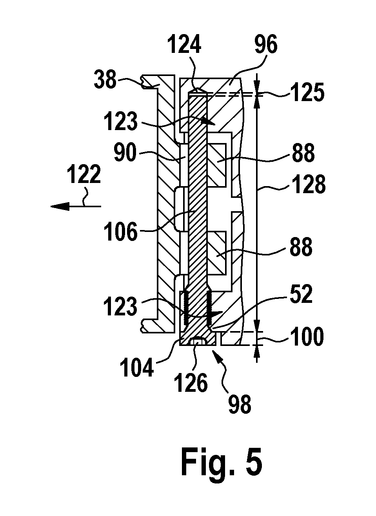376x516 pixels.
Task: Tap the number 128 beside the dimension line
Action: point(308,183)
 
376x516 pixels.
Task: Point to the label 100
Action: point(307,336)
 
